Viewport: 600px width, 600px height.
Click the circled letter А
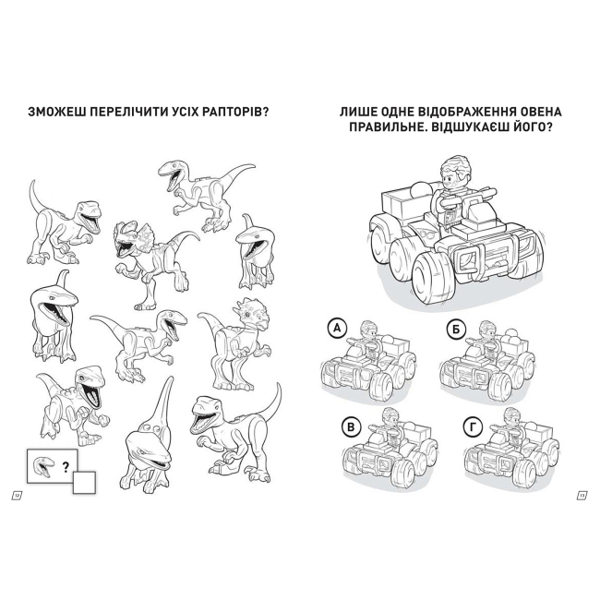(337, 328)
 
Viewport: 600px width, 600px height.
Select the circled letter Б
(456, 330)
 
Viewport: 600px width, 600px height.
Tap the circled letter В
(351, 426)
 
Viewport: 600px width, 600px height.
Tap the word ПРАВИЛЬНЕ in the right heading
(388, 126)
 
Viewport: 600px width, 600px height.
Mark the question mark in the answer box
(66, 466)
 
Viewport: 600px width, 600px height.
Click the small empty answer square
(84, 483)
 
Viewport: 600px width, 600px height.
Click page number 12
(17, 496)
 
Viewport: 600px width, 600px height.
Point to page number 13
(582, 496)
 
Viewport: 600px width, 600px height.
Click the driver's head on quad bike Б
(486, 327)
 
